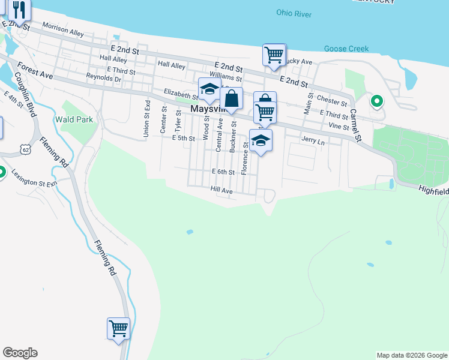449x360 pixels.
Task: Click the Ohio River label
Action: click(x=294, y=13)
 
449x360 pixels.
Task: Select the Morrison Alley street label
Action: click(x=63, y=30)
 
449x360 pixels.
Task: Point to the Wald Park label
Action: click(x=74, y=119)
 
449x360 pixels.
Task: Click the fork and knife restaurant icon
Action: click(x=19, y=11)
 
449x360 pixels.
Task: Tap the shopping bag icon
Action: click(x=231, y=98)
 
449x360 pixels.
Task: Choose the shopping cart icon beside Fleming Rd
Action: click(x=118, y=328)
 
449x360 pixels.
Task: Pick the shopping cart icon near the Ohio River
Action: click(x=274, y=55)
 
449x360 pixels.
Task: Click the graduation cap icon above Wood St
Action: click(x=209, y=89)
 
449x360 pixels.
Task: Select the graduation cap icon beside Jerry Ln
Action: click(x=261, y=140)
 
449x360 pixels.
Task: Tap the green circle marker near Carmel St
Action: click(x=377, y=101)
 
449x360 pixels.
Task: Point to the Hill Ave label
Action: click(x=221, y=190)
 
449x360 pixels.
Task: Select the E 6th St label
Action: click(x=222, y=172)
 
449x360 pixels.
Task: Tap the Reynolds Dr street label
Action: click(x=103, y=77)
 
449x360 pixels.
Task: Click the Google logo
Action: click(x=20, y=353)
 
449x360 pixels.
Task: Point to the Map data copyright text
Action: click(x=411, y=355)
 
